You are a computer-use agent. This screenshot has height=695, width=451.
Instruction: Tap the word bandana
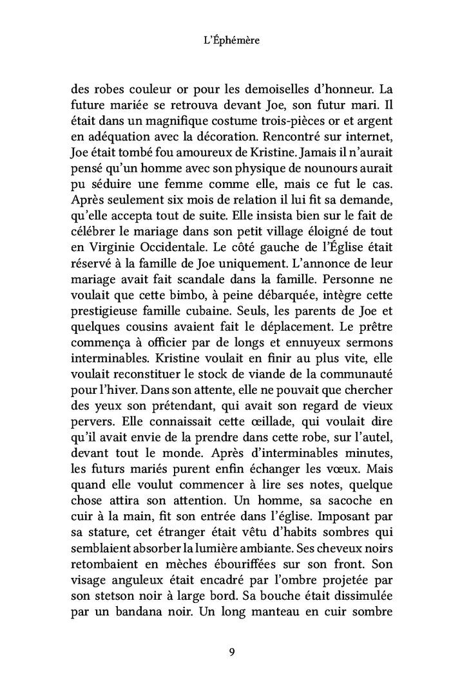139,606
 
